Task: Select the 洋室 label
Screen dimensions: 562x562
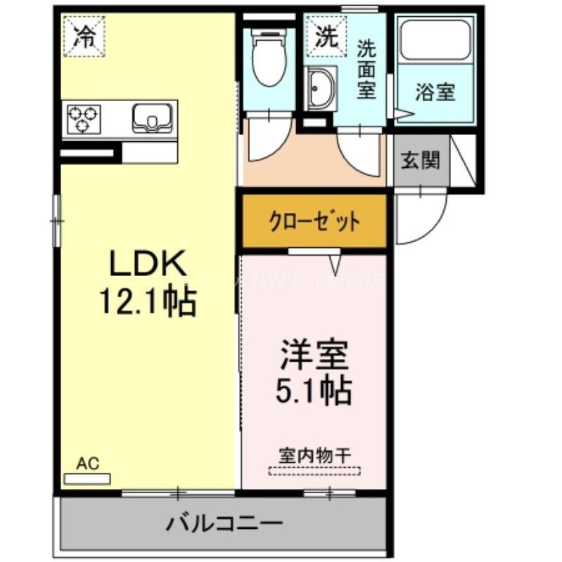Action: click(314, 355)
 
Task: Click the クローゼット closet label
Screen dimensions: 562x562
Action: click(314, 222)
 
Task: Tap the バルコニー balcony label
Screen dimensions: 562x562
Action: click(224, 523)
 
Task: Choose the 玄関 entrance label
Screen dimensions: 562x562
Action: click(421, 160)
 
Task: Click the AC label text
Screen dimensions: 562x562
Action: click(87, 463)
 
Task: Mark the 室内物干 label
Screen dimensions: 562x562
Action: click(314, 454)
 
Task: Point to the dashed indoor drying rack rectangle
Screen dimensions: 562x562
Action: click(314, 471)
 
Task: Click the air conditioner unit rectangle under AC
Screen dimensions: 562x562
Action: click(87, 478)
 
